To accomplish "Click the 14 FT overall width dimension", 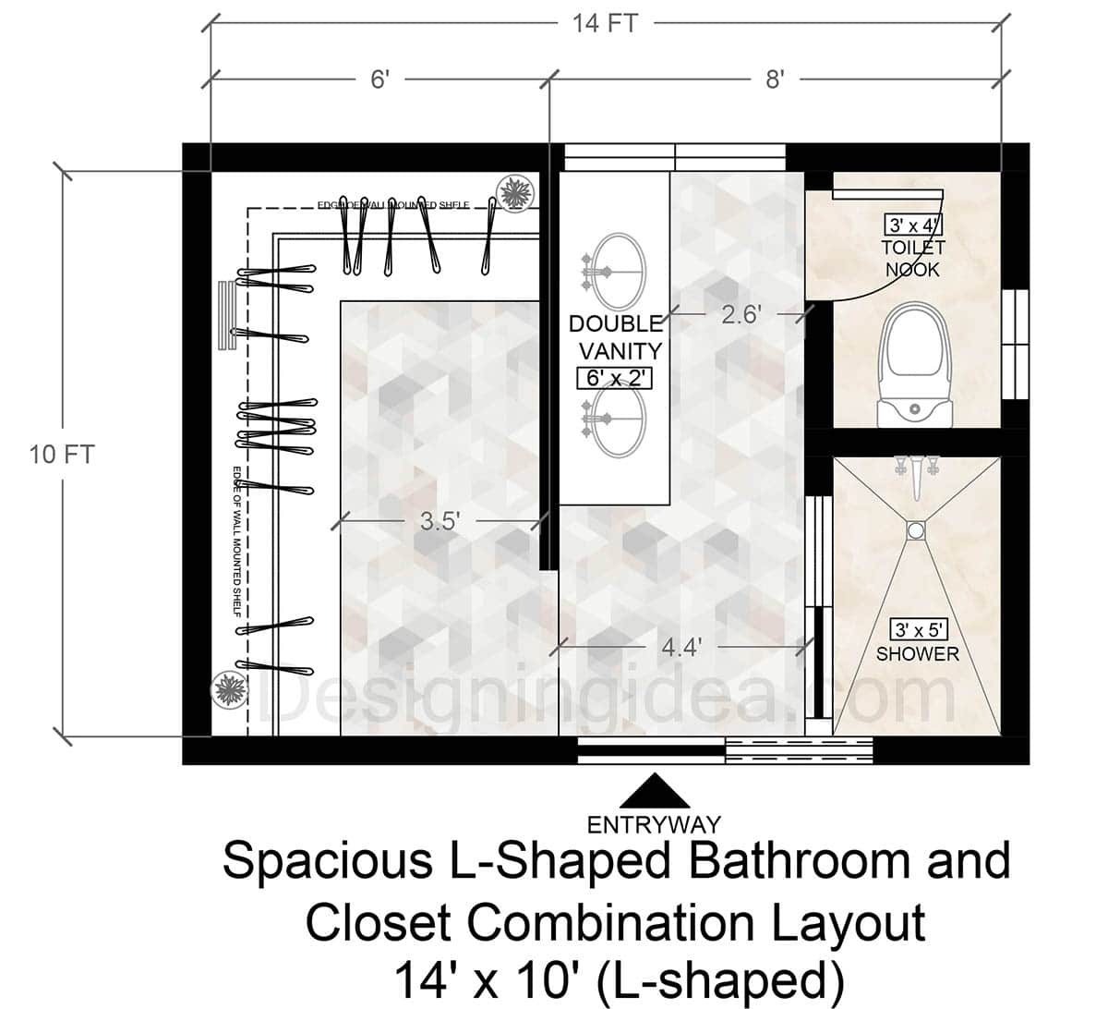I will coord(604,23).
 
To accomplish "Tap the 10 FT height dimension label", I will coord(63,455).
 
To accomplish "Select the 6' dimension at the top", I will coord(380,79).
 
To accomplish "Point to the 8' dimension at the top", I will coord(774,79).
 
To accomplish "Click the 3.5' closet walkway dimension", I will coord(440,521).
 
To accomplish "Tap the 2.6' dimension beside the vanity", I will coord(741,315).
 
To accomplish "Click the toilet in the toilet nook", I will coord(914,364).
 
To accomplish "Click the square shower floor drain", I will coord(915,530).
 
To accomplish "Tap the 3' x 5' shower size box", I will coord(918,630).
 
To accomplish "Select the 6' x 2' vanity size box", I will coord(614,378).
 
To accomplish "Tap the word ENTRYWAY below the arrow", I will coord(654,823).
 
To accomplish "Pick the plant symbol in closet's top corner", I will coord(512,192).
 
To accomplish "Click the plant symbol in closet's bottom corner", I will coord(227,689).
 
